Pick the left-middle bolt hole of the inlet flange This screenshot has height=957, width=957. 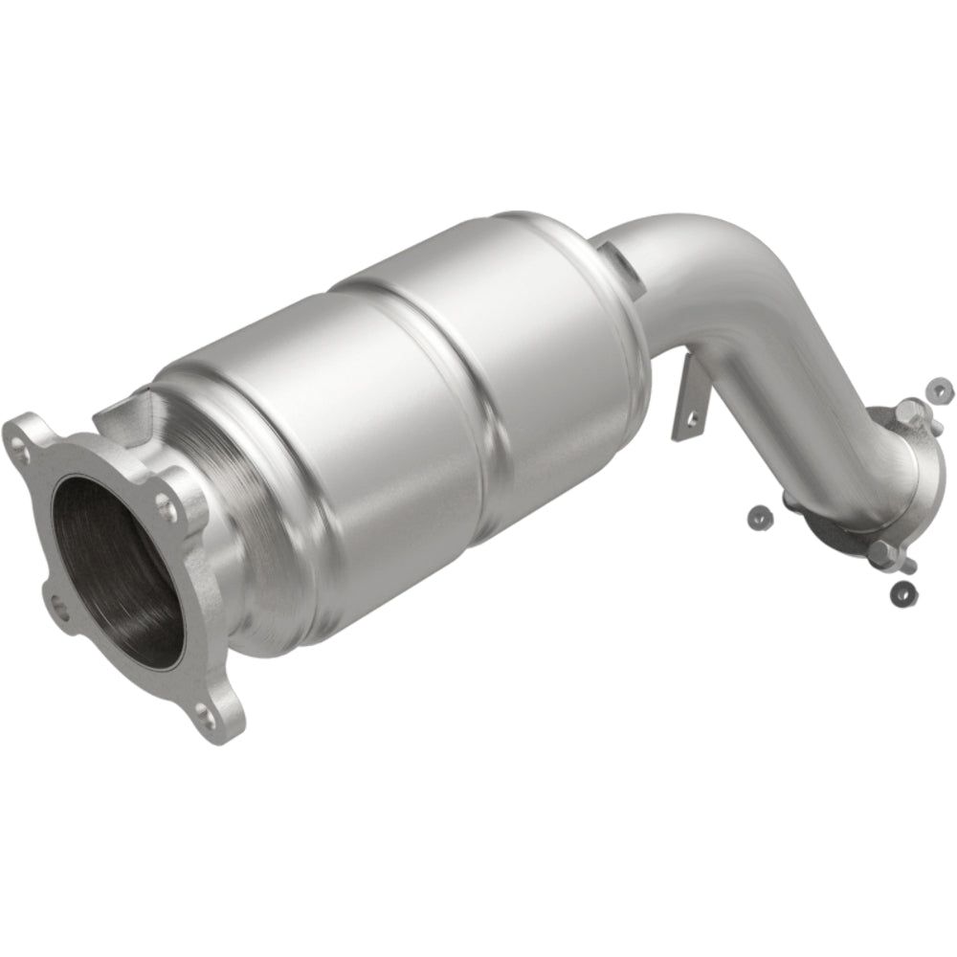(56, 605)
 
